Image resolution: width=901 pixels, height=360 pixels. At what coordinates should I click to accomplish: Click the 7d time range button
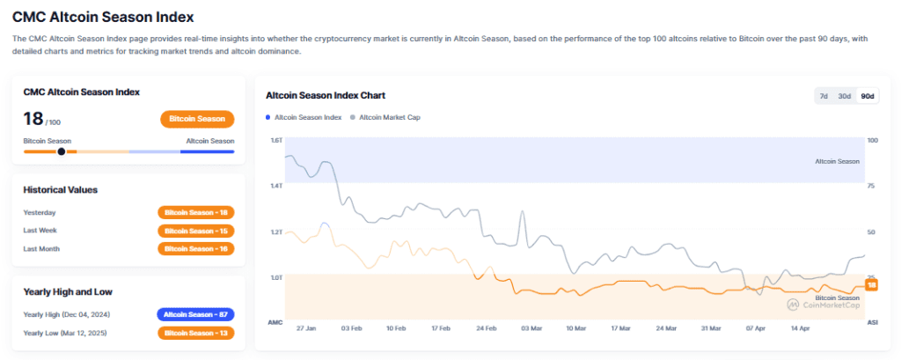(x=824, y=96)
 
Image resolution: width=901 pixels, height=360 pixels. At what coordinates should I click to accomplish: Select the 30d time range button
(x=844, y=96)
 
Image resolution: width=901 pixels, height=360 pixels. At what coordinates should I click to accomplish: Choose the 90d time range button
(x=867, y=96)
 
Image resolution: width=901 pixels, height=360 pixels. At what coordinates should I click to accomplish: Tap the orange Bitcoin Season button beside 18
(x=197, y=119)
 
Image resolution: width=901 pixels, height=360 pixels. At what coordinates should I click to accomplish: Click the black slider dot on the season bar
(x=61, y=151)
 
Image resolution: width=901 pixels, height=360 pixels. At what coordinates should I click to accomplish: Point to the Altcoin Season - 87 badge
(x=195, y=314)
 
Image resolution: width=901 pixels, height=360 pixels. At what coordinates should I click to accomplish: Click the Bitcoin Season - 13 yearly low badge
(x=195, y=333)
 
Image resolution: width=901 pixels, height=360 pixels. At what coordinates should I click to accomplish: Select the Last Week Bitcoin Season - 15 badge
(x=195, y=231)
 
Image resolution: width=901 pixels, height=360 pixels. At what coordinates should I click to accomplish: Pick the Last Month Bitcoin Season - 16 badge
(x=195, y=249)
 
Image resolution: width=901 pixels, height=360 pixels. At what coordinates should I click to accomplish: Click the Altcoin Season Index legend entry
(x=304, y=117)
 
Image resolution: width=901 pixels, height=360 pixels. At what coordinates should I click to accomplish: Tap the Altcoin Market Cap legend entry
(x=387, y=117)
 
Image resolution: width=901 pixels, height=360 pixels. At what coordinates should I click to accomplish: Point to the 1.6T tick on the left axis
(x=275, y=141)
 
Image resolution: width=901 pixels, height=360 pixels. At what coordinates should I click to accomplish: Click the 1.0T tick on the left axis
(x=275, y=277)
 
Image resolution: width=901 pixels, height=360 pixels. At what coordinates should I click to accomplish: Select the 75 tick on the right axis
(x=871, y=186)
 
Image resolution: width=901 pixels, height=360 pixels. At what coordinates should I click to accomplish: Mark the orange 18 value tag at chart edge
(x=872, y=285)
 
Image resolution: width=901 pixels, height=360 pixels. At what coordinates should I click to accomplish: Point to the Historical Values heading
(x=60, y=189)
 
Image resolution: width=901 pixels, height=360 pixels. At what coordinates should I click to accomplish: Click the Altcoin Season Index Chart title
(x=326, y=95)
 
